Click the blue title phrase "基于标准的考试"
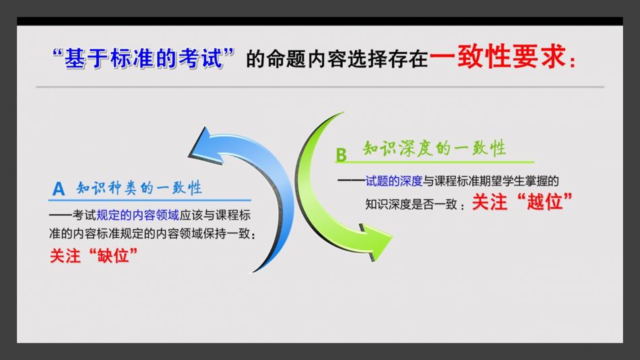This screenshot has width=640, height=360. coord(143,58)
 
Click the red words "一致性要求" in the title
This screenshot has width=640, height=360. coord(499,57)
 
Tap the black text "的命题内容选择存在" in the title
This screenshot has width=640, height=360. coord(337,59)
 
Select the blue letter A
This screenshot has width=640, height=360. coord(59,189)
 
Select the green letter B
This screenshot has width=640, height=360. coord(341,155)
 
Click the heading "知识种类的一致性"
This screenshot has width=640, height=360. coord(139,188)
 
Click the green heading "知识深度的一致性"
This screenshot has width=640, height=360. coord(435,148)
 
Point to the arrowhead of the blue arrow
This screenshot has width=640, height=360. coord(201,143)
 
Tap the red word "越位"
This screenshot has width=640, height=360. coord(544,202)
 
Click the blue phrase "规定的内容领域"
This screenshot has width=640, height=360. coord(137,215)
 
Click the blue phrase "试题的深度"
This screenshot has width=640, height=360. coord(393,181)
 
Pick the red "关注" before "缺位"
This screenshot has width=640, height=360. coord(65,256)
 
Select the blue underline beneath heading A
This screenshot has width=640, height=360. coord(150,200)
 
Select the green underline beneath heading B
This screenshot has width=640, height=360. coord(435,162)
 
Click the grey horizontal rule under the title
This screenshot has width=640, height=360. coord(320,87)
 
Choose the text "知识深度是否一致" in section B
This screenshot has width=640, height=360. coord(411,204)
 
